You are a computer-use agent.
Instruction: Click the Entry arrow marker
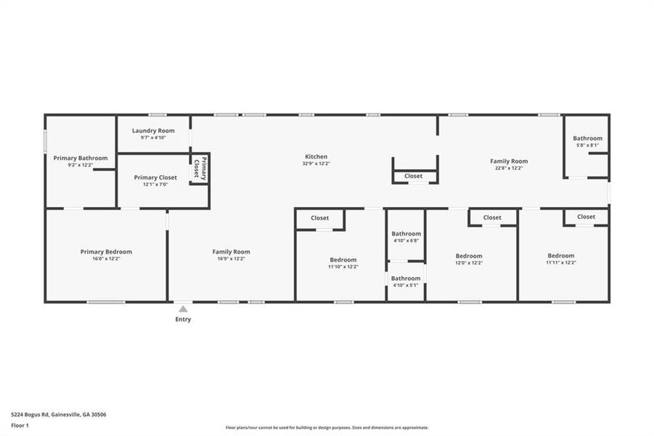pyautogui.click(x=183, y=309)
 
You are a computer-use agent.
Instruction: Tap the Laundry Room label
pyautogui.click(x=153, y=131)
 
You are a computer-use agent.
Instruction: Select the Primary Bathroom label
pyautogui.click(x=81, y=158)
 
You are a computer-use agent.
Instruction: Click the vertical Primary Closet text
pyautogui.click(x=200, y=169)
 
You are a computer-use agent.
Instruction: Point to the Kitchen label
pyautogui.click(x=316, y=156)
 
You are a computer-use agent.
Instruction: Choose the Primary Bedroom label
pyautogui.click(x=106, y=251)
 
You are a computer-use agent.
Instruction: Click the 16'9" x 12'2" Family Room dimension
pyautogui.click(x=231, y=259)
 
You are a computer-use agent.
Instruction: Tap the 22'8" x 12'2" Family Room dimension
pyautogui.click(x=508, y=168)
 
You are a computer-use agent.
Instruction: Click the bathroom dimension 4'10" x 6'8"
pyautogui.click(x=406, y=241)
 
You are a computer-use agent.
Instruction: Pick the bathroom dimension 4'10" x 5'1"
pyautogui.click(x=406, y=285)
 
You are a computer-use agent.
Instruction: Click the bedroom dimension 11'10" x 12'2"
pyautogui.click(x=343, y=267)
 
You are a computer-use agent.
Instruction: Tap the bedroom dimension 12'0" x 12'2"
pyautogui.click(x=468, y=263)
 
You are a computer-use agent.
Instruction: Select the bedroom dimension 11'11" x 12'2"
pyautogui.click(x=560, y=262)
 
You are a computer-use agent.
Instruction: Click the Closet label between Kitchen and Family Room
pyautogui.click(x=413, y=176)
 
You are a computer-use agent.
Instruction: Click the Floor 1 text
pyautogui.click(x=21, y=424)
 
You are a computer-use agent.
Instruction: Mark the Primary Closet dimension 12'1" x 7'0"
pyautogui.click(x=155, y=185)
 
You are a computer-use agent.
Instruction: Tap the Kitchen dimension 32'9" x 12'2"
pyautogui.click(x=316, y=163)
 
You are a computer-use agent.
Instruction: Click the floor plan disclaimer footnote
pyautogui.click(x=327, y=427)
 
